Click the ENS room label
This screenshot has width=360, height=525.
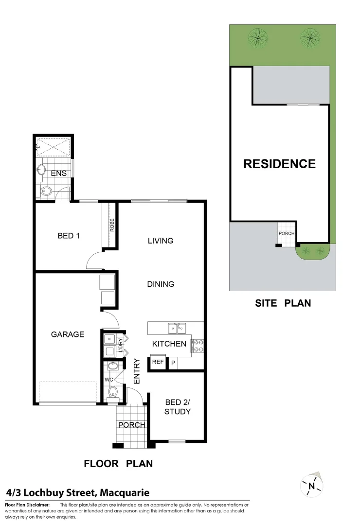[59, 174]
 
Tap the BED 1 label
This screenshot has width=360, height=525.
[69, 236]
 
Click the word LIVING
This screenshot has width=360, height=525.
[161, 241]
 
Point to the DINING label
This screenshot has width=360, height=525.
[161, 284]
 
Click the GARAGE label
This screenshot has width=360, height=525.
[68, 334]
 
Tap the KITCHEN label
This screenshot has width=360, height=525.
[169, 344]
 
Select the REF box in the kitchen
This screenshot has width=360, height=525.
[158, 362]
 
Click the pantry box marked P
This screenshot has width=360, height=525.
[173, 363]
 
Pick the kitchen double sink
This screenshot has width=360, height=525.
[177, 329]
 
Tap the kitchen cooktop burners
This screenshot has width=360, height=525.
[198, 345]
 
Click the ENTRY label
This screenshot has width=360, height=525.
[137, 371]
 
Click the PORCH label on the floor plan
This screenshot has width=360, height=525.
[132, 425]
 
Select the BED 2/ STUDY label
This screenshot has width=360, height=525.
[178, 407]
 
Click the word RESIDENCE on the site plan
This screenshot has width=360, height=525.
[279, 164]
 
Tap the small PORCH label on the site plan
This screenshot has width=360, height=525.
[287, 233]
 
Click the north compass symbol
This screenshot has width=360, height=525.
[312, 485]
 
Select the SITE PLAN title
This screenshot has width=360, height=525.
[283, 303]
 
